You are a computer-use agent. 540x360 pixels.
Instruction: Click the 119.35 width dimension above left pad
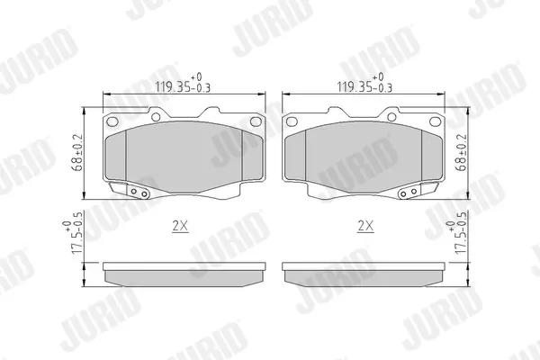(183, 83)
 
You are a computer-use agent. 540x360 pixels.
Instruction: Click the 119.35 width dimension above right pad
(364, 83)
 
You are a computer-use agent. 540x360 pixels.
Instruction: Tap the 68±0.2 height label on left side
(77, 153)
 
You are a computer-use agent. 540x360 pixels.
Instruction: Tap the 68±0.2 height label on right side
(461, 152)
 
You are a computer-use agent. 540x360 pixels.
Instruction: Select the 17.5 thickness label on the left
(73, 233)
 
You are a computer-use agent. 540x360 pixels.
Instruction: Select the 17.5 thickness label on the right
(456, 233)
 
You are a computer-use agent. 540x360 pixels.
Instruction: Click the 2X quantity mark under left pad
(180, 226)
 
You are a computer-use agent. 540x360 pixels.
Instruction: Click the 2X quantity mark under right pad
(365, 226)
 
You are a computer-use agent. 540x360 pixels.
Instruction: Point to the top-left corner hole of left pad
(112, 121)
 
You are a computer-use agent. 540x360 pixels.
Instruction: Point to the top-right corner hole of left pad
(256, 121)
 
